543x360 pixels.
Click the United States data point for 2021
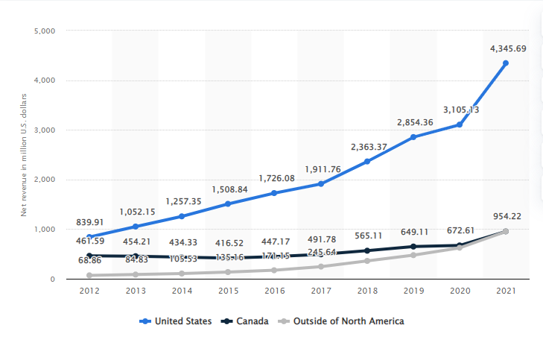pos(506,63)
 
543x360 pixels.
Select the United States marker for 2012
pos(89,237)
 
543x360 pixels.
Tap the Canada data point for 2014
pos(182,257)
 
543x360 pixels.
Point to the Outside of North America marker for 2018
pos(367,260)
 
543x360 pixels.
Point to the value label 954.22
pos(506,216)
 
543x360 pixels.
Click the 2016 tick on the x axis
pos(274,291)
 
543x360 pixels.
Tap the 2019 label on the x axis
pos(413,291)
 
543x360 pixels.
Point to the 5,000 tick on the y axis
pos(45,31)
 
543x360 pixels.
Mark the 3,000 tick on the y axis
pos(45,130)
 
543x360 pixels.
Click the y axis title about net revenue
pos(24,154)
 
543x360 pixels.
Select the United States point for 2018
pos(367,161)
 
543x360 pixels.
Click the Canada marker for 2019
pos(413,246)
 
